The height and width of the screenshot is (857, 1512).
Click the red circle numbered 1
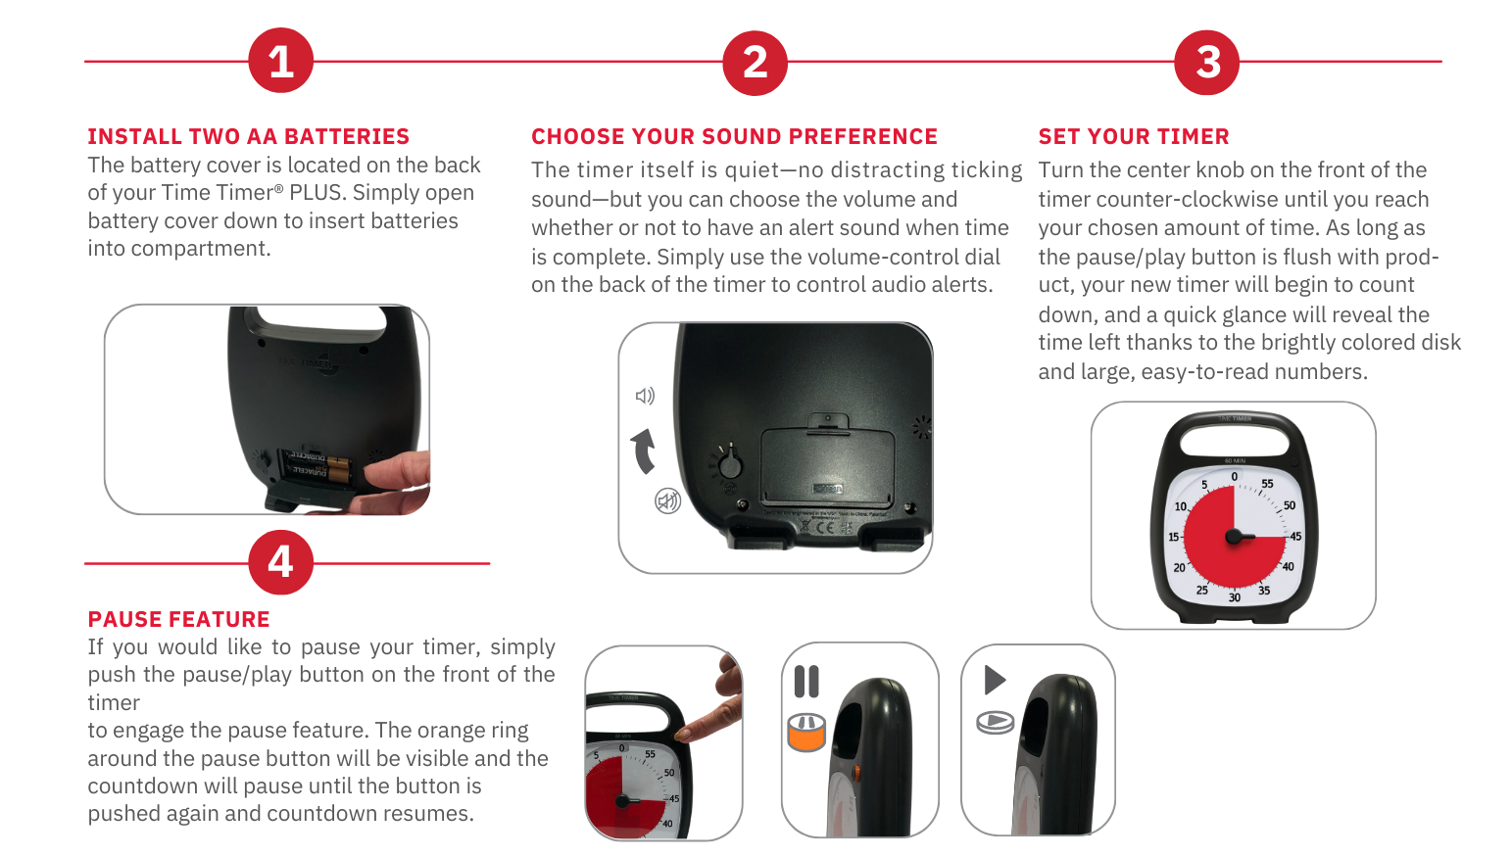[281, 60]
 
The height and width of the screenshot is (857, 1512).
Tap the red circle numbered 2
[755, 62]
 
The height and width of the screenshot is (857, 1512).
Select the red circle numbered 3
[1207, 62]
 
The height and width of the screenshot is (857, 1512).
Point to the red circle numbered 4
[281, 561]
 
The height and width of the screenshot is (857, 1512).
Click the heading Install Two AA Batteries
[248, 136]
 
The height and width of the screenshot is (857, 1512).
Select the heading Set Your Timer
[1134, 136]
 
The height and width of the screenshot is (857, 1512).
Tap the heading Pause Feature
[179, 619]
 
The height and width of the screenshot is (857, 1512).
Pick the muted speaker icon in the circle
[667, 500]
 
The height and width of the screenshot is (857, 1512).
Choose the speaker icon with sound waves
[646, 396]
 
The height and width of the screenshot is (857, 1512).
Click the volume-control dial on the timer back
[729, 463]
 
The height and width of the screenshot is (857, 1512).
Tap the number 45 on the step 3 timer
[1295, 537]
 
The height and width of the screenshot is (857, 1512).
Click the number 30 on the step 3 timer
[1234, 597]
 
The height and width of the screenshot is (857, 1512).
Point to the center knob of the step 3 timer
[1235, 537]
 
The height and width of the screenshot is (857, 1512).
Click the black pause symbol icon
[806, 681]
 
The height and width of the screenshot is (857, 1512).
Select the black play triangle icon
[995, 680]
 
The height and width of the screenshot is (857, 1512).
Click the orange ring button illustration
[806, 733]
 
